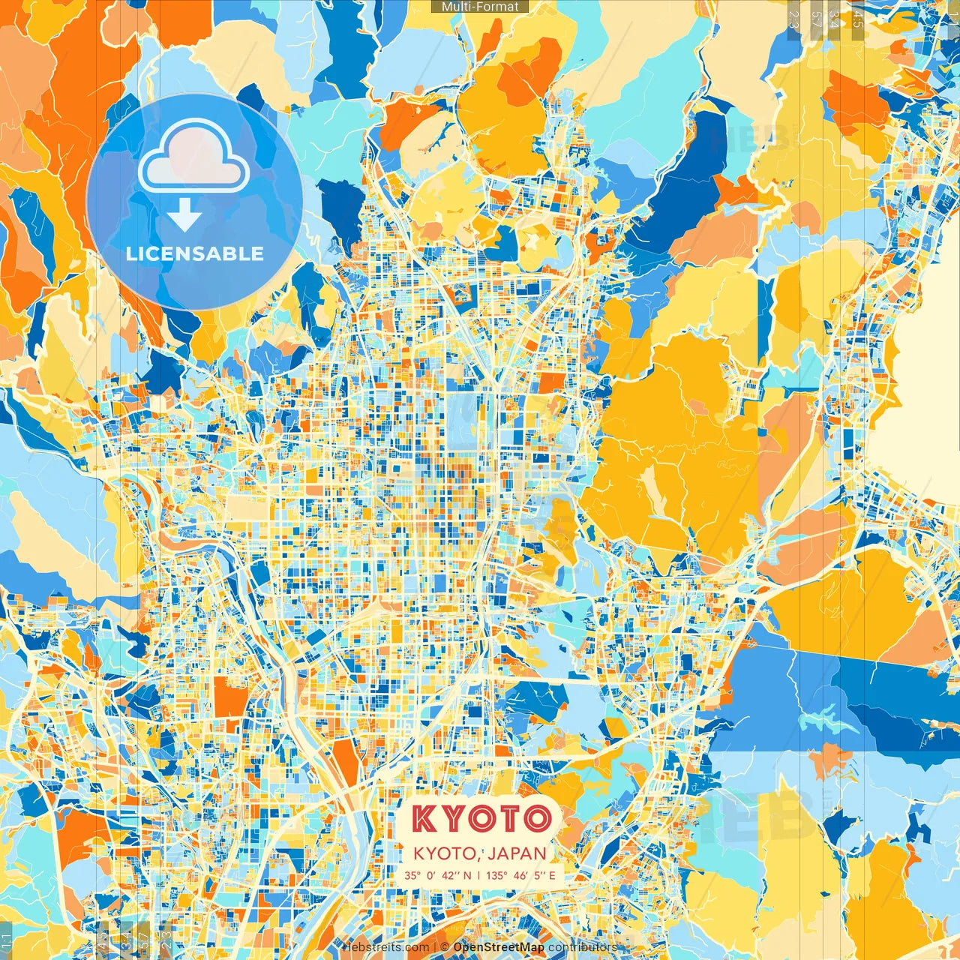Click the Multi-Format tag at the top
[x=480, y=7]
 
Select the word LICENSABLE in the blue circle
[x=195, y=253]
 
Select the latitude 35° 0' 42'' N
[x=437, y=875]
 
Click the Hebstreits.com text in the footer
[x=386, y=947]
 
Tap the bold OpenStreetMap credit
[x=499, y=947]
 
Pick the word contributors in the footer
[x=583, y=947]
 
